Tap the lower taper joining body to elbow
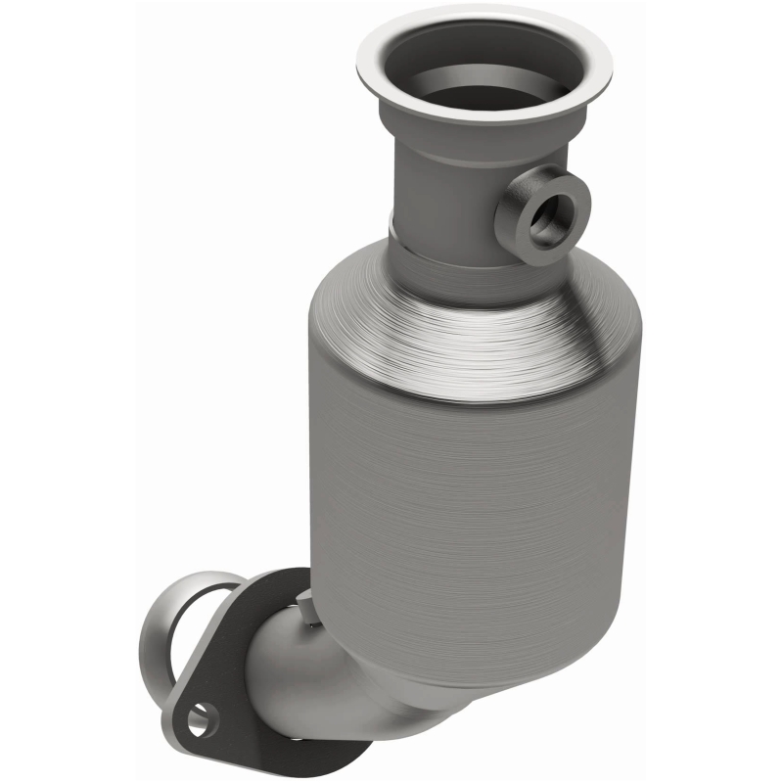[372, 666]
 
